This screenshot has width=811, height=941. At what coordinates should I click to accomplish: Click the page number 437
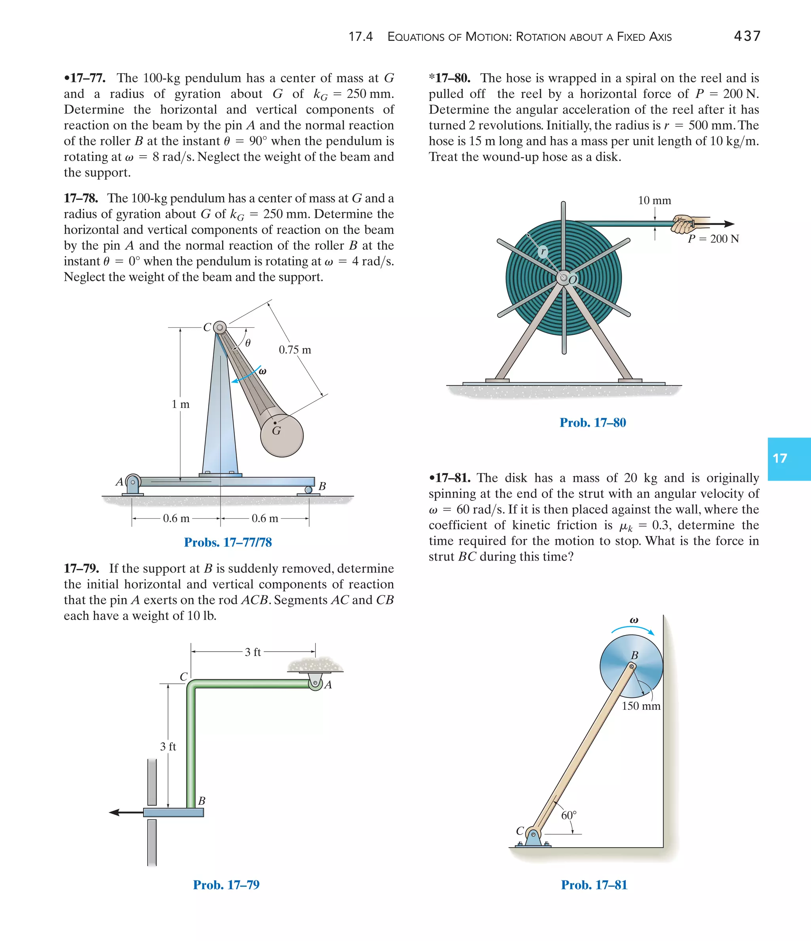(747, 36)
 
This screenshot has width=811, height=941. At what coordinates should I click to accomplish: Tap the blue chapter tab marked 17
(788, 459)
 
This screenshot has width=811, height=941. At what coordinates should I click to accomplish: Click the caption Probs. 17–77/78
(228, 542)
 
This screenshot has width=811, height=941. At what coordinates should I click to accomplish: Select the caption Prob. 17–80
(592, 422)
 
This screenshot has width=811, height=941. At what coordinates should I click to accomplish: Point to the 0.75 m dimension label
(295, 350)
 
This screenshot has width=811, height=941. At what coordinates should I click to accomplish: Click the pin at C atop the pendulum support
(220, 327)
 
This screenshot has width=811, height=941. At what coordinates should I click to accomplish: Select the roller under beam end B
(308, 490)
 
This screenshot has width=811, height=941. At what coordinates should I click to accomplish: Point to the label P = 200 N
(713, 239)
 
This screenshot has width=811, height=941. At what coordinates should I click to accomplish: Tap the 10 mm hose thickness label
(654, 200)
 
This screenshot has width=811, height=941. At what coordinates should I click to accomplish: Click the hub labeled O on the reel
(564, 278)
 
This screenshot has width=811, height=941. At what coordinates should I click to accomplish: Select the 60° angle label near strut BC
(568, 815)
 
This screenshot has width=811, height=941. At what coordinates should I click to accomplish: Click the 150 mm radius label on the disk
(641, 706)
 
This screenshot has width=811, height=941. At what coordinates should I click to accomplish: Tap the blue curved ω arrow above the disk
(632, 629)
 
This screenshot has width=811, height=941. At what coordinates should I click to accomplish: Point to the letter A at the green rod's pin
(328, 685)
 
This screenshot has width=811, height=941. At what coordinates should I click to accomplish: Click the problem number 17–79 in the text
(81, 568)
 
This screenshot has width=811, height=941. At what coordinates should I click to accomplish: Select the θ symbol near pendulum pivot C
(247, 343)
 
